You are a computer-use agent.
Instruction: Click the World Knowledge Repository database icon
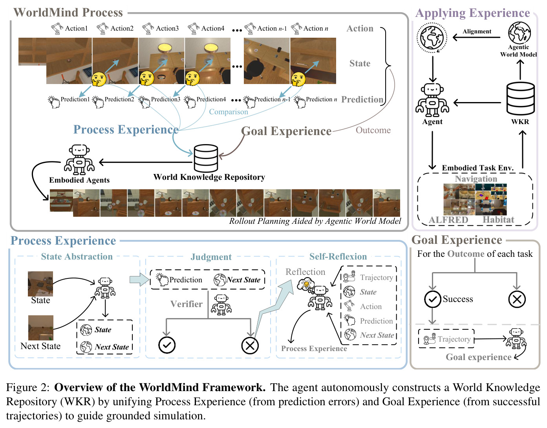pyautogui.click(x=206, y=158)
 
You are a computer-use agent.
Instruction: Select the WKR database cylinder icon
pyautogui.click(x=520, y=99)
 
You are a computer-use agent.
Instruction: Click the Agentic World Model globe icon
pyautogui.click(x=519, y=33)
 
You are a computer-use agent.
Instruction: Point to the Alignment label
pyautogui.click(x=477, y=31)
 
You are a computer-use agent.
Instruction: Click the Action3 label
pyautogui.click(x=167, y=28)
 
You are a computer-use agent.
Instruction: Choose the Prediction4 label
pyautogui.click(x=211, y=99)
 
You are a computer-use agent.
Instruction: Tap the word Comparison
pyautogui.click(x=228, y=112)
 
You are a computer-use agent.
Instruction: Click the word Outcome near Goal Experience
pyautogui.click(x=373, y=130)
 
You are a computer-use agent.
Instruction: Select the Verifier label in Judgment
pyautogui.click(x=186, y=304)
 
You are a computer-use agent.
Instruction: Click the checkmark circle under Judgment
pyautogui.click(x=167, y=345)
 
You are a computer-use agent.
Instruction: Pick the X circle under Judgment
pyautogui.click(x=250, y=346)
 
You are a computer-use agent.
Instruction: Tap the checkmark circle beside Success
pyautogui.click(x=432, y=299)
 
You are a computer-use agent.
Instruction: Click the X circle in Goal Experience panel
pyautogui.click(x=517, y=300)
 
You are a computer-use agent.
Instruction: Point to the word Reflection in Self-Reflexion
pyautogui.click(x=305, y=272)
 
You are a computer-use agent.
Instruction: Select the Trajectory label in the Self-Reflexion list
pyautogui.click(x=376, y=277)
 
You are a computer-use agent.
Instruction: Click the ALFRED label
pyautogui.click(x=448, y=220)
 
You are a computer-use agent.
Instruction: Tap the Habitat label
pyautogui.click(x=498, y=219)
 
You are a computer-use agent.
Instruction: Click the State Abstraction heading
pyautogui.click(x=77, y=256)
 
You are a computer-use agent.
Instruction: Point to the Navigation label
pyautogui.click(x=476, y=179)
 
